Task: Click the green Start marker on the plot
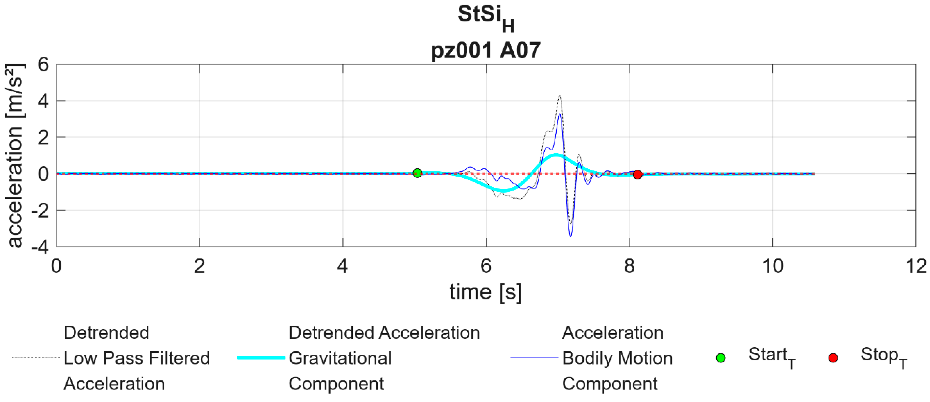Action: point(417,173)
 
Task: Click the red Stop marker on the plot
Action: point(638,175)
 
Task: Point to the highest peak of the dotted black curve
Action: point(559,96)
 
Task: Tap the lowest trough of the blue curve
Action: point(570,236)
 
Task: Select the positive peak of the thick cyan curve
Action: point(556,155)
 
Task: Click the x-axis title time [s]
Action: point(486,292)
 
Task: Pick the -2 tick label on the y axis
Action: point(40,210)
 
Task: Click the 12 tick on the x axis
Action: point(915,266)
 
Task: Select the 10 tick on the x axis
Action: point(773,266)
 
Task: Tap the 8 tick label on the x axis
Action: point(629,266)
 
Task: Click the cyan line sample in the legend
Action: point(261,358)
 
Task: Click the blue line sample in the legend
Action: point(534,358)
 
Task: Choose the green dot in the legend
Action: point(721,358)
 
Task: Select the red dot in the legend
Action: point(833,358)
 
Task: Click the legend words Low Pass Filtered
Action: point(136,358)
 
